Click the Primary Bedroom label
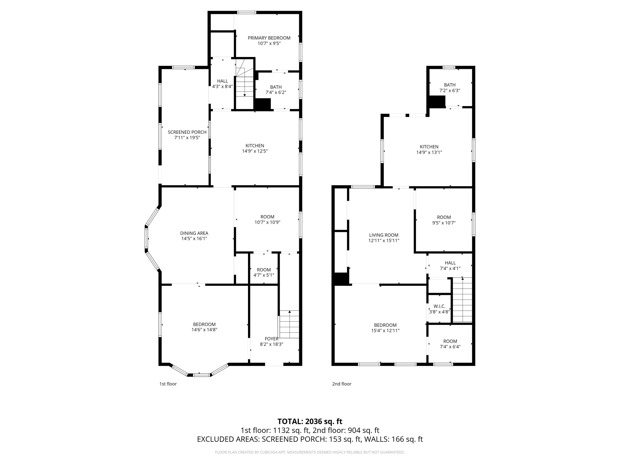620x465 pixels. coord(269,38)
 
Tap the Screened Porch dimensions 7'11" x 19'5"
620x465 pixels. coord(187,138)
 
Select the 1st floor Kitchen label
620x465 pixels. coord(255,145)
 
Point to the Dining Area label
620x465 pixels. coord(194,233)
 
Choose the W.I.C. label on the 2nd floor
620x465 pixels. coord(439,306)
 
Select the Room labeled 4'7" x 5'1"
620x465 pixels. coord(263,272)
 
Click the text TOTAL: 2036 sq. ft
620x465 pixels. coord(310,421)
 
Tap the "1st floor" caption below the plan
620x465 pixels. coord(168,384)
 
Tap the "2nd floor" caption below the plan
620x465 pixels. coord(341,384)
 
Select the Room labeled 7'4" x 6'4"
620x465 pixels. coord(450,344)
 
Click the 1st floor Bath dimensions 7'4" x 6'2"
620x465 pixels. coord(276,92)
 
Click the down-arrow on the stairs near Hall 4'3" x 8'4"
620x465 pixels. coord(245,95)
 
